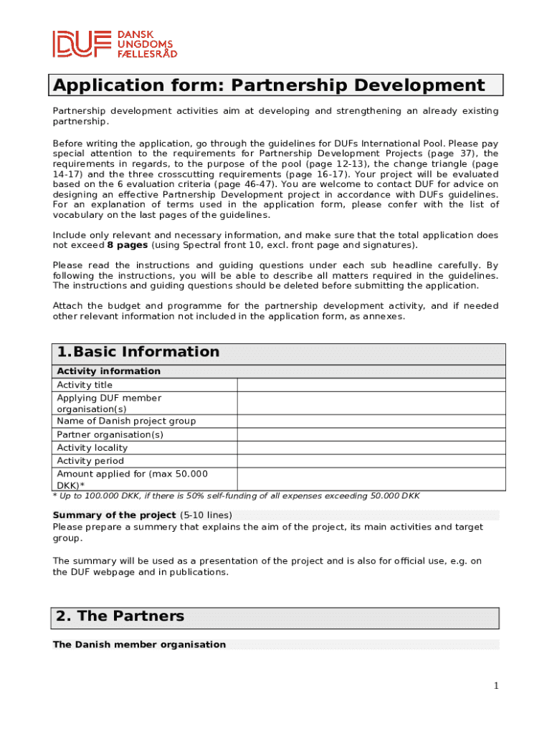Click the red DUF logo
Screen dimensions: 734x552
click(81, 43)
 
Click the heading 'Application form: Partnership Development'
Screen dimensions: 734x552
click(269, 86)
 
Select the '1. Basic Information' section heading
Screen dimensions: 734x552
click(138, 352)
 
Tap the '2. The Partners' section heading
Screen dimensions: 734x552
click(120, 616)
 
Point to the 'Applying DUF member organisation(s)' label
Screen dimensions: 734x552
click(109, 404)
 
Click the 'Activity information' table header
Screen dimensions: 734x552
click(108, 371)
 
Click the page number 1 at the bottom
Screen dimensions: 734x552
click(495, 686)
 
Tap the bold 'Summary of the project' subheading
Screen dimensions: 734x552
click(114, 515)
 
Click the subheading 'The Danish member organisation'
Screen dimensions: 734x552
click(139, 644)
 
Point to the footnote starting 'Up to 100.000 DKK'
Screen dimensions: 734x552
click(237, 496)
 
